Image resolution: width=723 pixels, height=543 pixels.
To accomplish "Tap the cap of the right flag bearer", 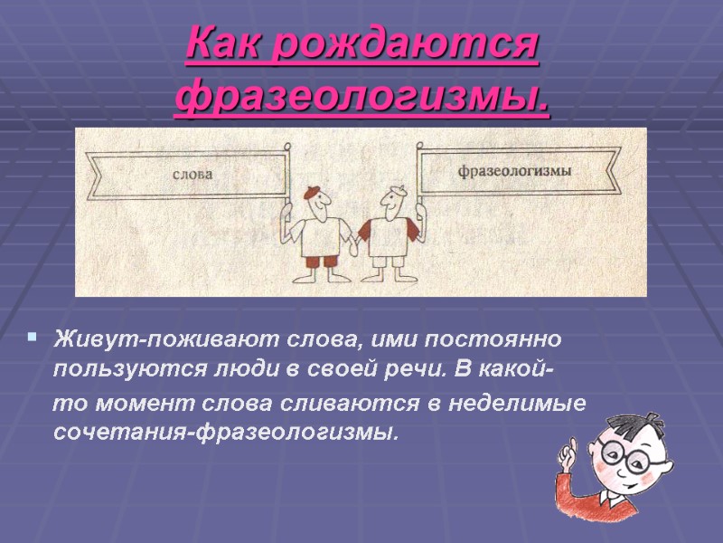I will click(390, 193).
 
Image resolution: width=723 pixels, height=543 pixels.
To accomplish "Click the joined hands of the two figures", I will click(356, 243).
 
